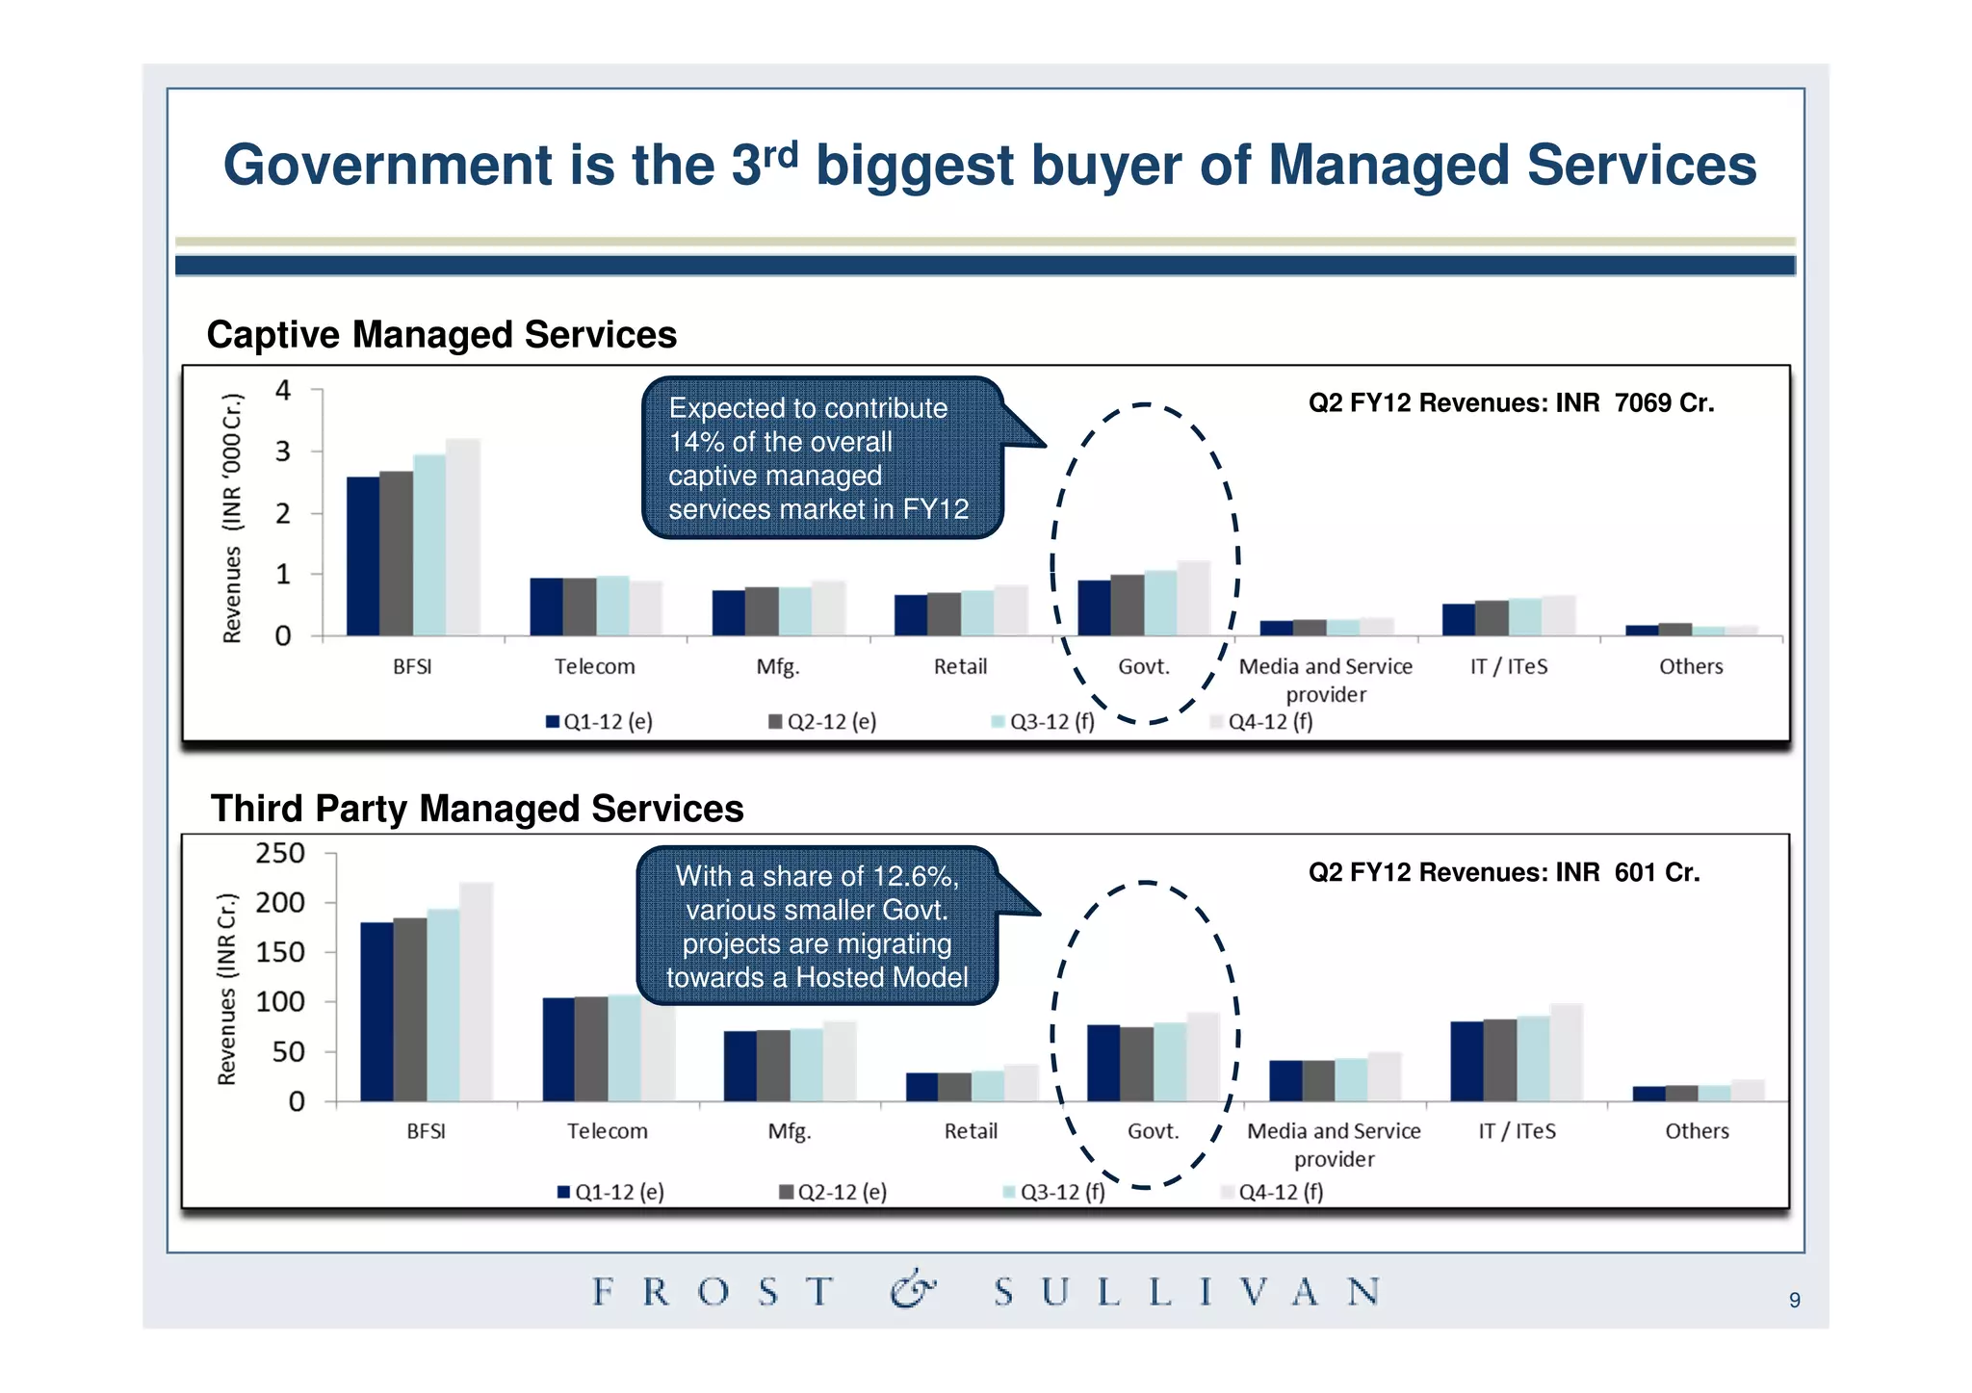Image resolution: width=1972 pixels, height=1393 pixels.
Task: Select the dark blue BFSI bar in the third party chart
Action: [x=376, y=1011]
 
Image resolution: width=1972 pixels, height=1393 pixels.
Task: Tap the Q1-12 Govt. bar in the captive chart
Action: [x=1094, y=607]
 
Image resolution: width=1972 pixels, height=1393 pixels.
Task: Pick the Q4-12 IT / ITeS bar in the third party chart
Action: [x=1567, y=1052]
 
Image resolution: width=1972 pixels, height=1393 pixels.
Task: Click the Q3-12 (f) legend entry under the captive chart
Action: [x=1044, y=722]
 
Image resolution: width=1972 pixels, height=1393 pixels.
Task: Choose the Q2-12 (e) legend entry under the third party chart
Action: [x=833, y=1192]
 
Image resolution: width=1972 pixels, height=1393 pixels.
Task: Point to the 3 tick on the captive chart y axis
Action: [x=283, y=451]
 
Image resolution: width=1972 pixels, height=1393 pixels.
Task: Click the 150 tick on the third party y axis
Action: [x=279, y=952]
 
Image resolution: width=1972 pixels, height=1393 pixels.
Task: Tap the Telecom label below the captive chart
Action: [x=594, y=666]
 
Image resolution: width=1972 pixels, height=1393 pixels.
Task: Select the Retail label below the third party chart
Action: [x=971, y=1131]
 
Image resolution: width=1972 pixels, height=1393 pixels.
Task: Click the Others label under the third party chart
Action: [x=1697, y=1131]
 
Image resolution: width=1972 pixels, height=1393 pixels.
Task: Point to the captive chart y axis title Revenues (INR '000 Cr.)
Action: [x=232, y=517]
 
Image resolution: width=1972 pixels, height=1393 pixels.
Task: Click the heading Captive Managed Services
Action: [x=441, y=335]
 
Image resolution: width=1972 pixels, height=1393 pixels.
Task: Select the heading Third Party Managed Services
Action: [x=477, y=809]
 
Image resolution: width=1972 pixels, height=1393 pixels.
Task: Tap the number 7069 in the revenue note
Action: [x=1643, y=402]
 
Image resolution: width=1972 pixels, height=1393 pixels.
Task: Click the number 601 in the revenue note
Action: [x=1635, y=872]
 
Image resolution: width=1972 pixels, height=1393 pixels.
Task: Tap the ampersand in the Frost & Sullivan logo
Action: [x=912, y=1290]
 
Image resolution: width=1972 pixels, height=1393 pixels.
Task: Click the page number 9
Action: [x=1794, y=1301]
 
